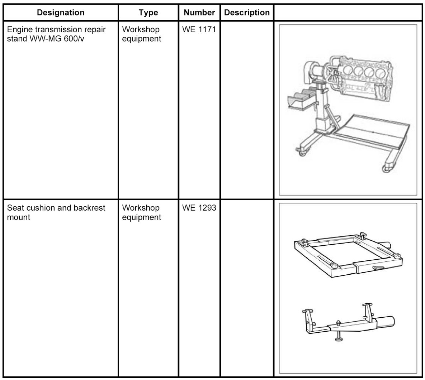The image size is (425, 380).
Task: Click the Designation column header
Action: click(x=61, y=13)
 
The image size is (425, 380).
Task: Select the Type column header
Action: click(x=148, y=13)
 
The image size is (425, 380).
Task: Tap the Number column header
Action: click(x=199, y=13)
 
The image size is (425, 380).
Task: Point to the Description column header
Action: click(x=247, y=13)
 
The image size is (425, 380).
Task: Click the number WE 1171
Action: click(x=199, y=30)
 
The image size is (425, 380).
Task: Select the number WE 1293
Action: click(x=199, y=208)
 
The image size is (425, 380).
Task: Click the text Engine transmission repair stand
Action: click(x=56, y=30)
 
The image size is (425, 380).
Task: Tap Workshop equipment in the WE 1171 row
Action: click(x=141, y=34)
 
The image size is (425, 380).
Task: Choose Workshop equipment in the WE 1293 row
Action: click(x=141, y=212)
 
